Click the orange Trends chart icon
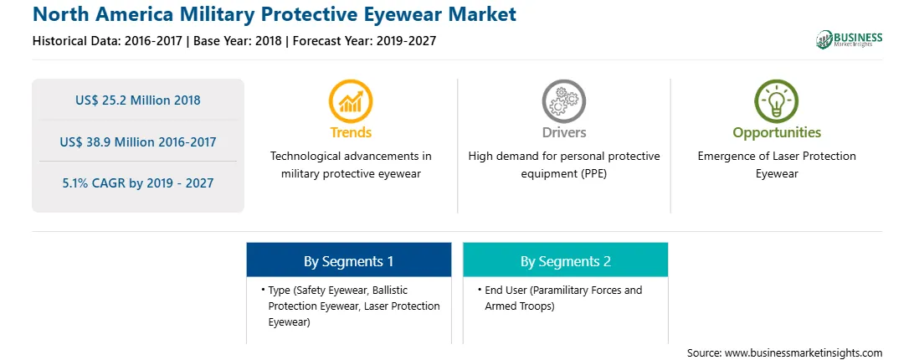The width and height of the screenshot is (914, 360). point(351,101)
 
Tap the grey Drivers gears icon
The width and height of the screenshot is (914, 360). point(563,101)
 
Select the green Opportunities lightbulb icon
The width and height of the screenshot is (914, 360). point(777,101)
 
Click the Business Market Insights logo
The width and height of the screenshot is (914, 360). point(850,39)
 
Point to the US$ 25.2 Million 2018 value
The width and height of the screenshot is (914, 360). point(137,100)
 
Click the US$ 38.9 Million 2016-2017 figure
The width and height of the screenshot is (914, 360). point(137,141)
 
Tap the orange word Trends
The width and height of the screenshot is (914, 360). point(351,132)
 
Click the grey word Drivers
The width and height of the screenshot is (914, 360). point(564,132)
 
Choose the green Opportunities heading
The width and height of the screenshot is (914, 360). point(777,133)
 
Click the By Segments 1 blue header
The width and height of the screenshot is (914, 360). point(348,260)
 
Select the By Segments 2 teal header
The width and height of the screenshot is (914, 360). point(566,260)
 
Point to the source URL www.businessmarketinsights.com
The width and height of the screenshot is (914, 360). point(804,353)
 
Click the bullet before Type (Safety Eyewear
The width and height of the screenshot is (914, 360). point(263,290)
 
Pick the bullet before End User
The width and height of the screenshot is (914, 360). point(479,290)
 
